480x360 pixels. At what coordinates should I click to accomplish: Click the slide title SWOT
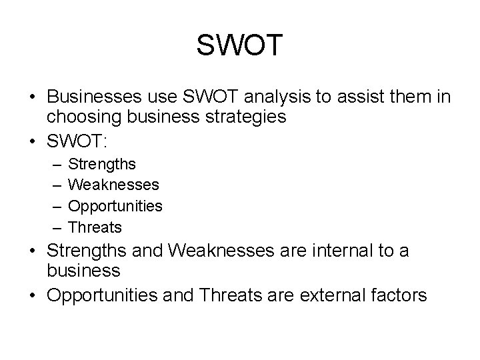(x=240, y=45)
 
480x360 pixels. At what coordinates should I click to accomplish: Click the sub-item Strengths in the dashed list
(x=102, y=163)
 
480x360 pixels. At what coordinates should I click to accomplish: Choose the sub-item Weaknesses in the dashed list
(x=113, y=184)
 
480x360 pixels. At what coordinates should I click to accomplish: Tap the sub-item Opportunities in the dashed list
(x=115, y=206)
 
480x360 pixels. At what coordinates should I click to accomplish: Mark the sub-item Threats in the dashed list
(x=95, y=227)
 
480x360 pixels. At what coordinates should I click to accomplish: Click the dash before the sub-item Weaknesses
(x=53, y=184)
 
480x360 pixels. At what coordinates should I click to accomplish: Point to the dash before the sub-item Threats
(x=53, y=227)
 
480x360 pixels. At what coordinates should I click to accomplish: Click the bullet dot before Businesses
(x=32, y=98)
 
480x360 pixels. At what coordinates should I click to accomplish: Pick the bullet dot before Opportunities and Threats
(x=32, y=295)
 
